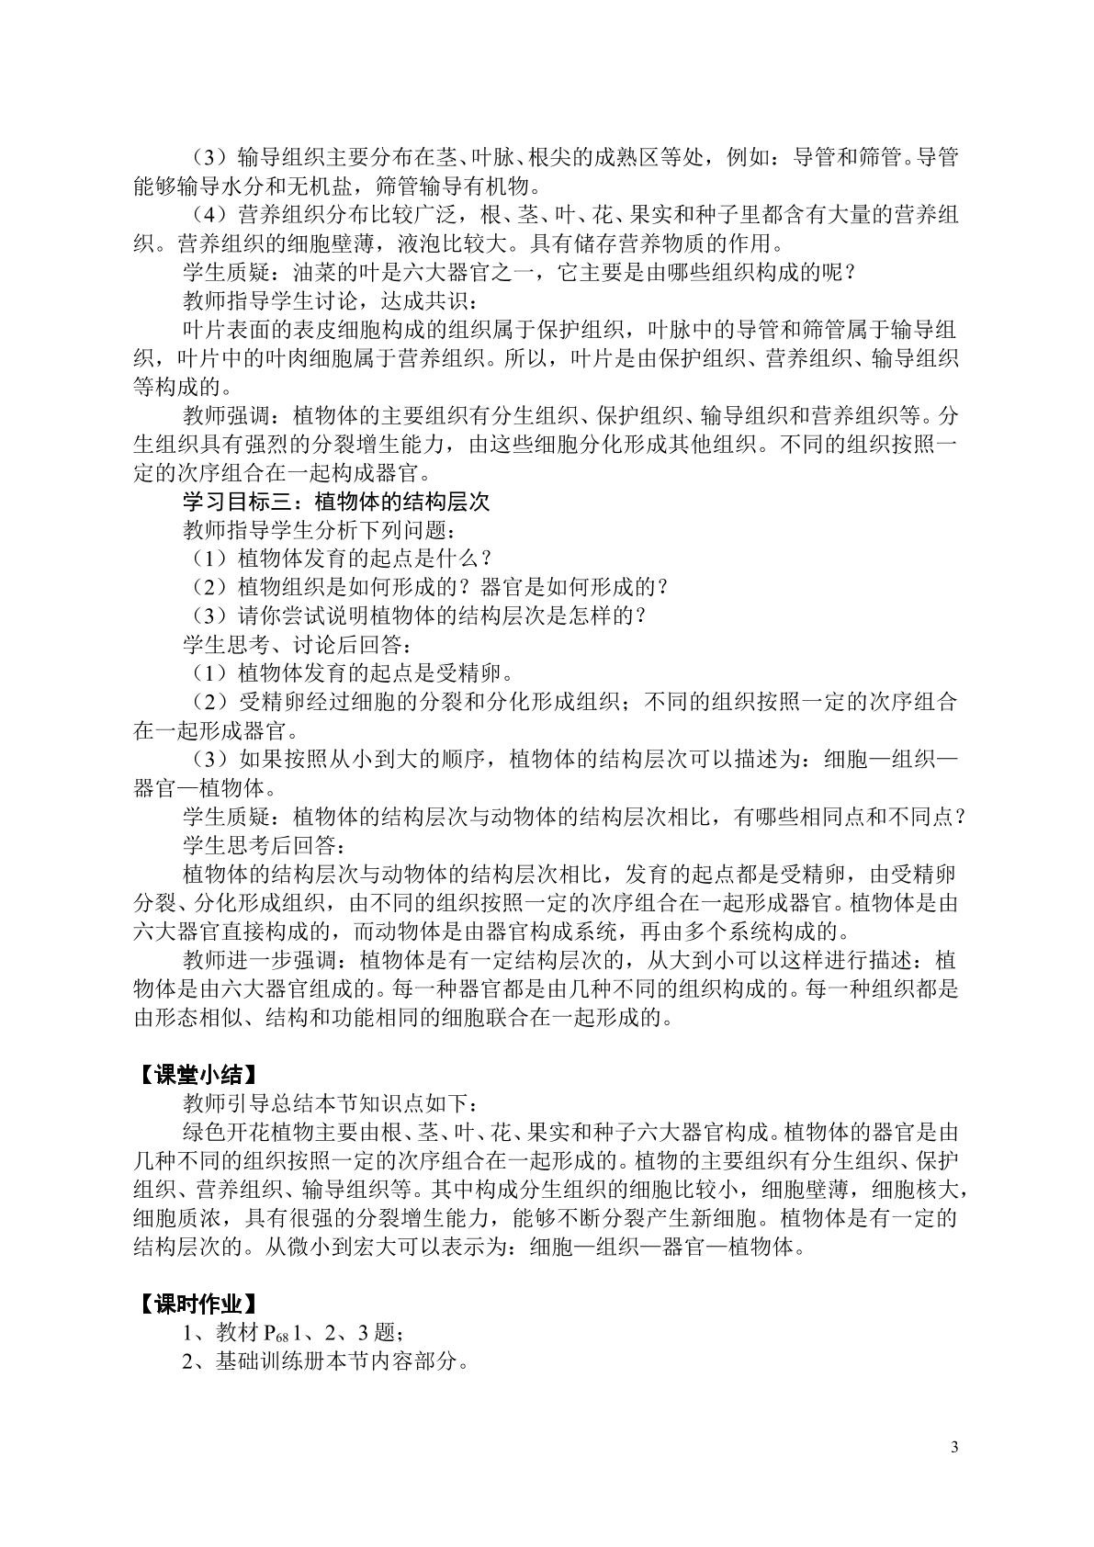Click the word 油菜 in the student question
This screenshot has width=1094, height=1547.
pyautogui.click(x=318, y=273)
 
